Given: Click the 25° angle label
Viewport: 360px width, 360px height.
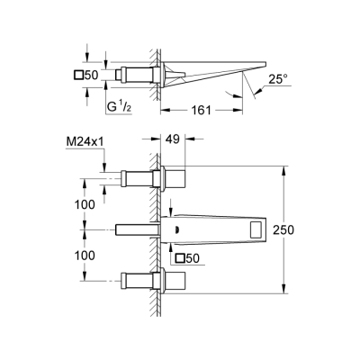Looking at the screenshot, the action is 278,79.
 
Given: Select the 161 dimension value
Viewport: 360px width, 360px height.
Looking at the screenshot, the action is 201,110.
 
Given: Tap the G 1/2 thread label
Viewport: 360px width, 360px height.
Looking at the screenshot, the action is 119,107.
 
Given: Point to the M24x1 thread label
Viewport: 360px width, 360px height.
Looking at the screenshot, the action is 85,141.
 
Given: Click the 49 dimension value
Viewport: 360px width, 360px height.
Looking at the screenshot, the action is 172,139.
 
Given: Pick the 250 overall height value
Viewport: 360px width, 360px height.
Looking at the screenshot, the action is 283,229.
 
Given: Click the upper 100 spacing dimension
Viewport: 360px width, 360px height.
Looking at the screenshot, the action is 85,204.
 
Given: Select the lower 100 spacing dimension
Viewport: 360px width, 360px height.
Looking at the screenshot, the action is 85,256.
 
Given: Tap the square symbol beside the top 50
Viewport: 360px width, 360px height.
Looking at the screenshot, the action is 79,75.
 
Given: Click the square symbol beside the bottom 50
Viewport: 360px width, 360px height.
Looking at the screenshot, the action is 180,258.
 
